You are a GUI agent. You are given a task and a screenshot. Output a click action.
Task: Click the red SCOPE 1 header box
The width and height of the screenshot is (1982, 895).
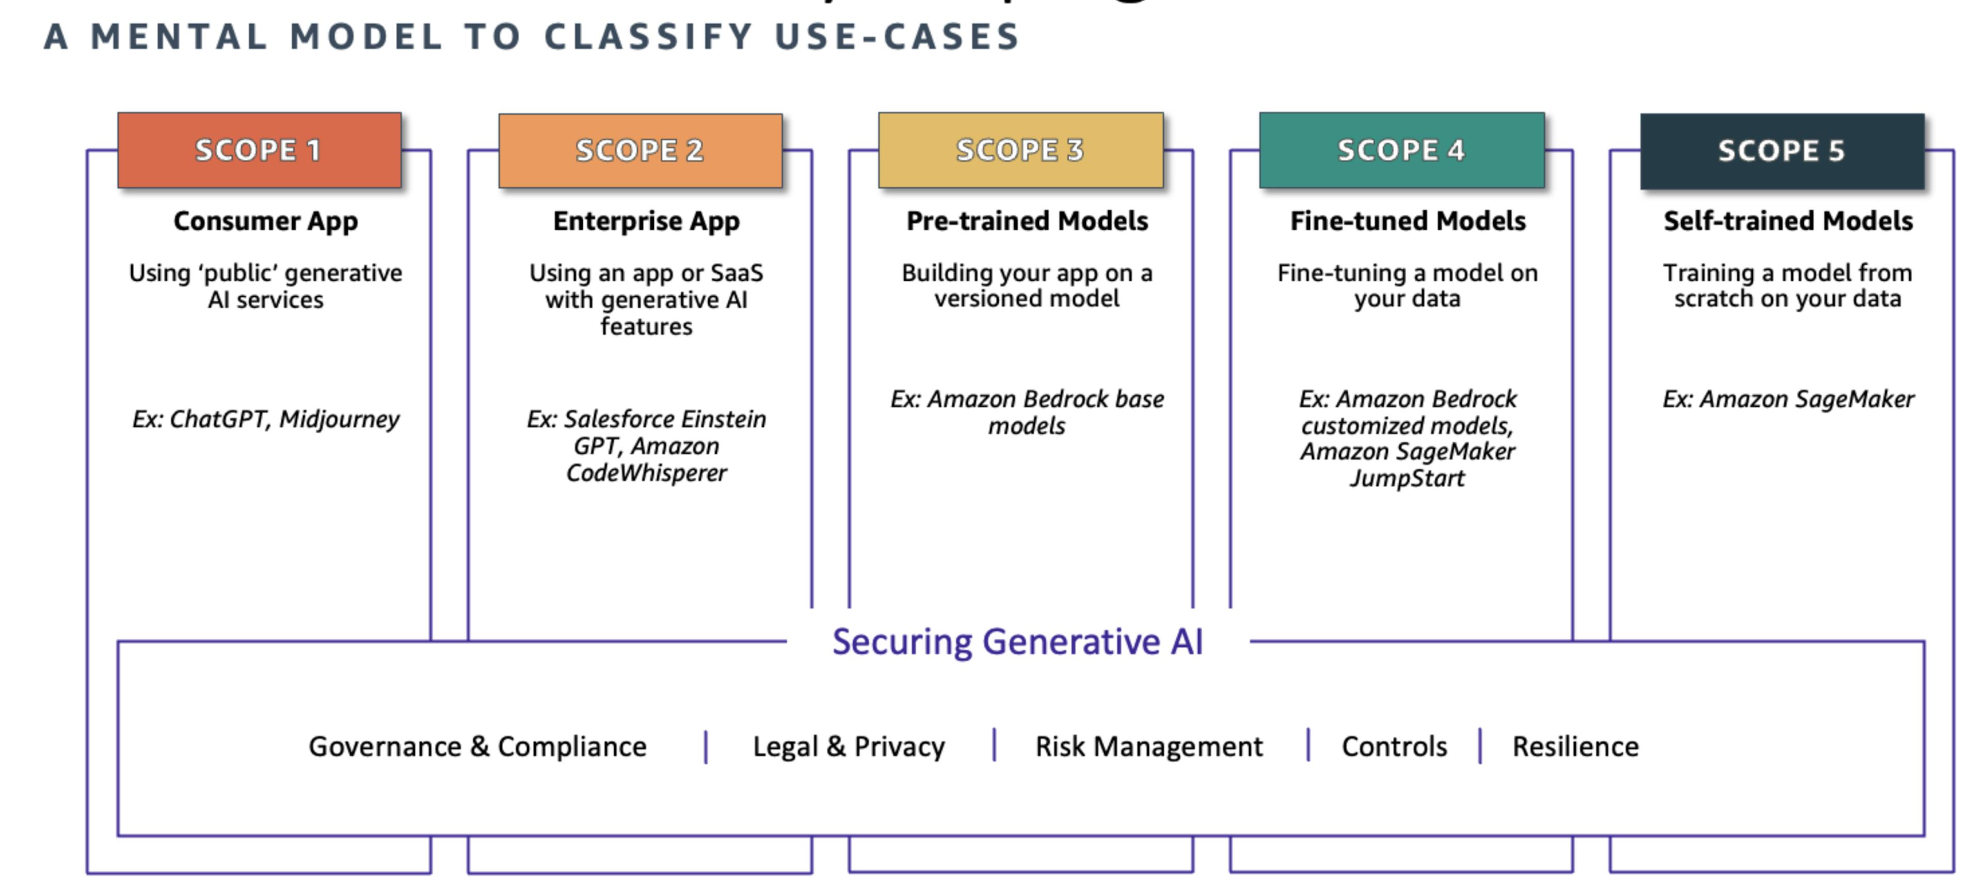coord(259,151)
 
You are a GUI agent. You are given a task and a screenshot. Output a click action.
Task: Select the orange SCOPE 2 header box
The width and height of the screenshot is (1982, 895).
coord(640,151)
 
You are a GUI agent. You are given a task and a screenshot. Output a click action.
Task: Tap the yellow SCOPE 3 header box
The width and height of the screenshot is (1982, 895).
coord(1020,151)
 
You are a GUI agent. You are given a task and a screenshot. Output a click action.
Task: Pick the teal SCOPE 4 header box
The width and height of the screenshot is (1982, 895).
coord(1401,151)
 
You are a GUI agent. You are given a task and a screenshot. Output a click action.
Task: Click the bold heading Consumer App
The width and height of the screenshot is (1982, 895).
coord(265,221)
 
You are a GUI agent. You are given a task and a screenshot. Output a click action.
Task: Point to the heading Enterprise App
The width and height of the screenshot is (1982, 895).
coord(646,221)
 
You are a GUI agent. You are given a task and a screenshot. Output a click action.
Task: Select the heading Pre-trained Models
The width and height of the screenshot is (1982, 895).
coord(1027,221)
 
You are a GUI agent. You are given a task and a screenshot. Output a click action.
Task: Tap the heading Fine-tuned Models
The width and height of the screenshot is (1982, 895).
coord(1408,221)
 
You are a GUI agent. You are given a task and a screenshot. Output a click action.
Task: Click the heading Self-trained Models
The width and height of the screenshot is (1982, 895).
coord(1788,221)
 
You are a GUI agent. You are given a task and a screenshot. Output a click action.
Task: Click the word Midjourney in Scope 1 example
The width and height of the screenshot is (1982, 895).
coord(339,420)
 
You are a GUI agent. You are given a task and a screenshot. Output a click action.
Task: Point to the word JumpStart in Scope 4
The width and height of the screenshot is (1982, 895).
coord(1407,478)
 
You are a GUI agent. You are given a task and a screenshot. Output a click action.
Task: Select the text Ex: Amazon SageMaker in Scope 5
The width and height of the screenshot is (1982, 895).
coord(1788,399)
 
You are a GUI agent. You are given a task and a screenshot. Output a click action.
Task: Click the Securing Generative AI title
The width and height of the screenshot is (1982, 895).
coord(1017,642)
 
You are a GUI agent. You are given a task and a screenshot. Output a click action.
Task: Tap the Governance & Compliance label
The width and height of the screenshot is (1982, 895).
coord(478,746)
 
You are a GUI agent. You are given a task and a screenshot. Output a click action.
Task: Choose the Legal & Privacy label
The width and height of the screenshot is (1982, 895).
coord(849,746)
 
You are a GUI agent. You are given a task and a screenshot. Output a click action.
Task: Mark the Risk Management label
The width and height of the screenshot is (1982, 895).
coord(1149,746)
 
